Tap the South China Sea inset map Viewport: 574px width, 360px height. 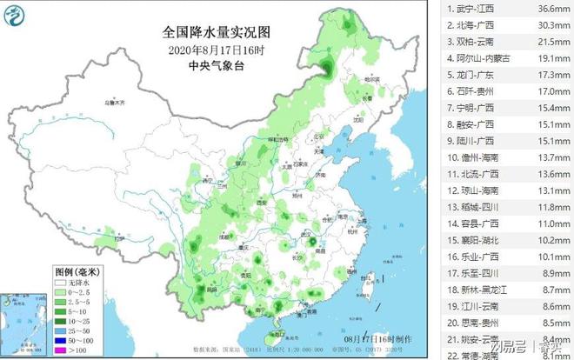[x=24, y=322]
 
